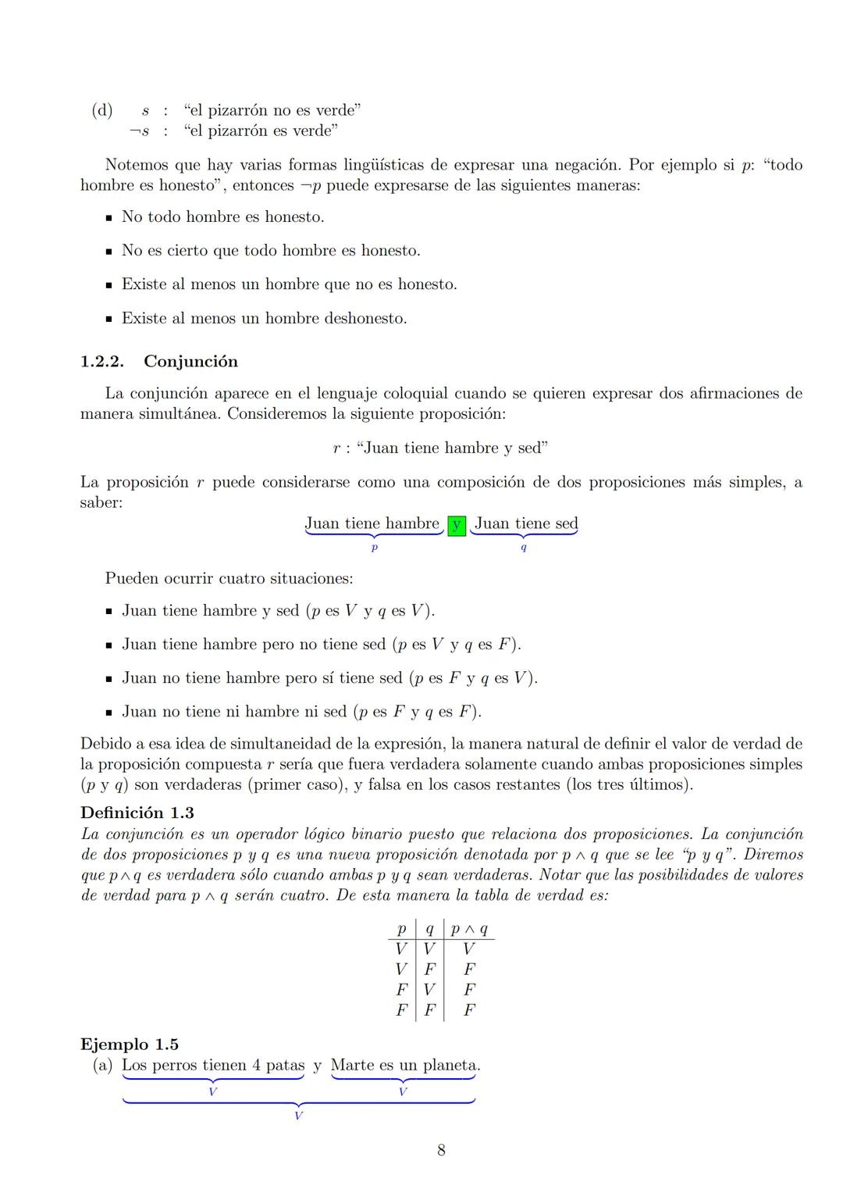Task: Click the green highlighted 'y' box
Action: pyautogui.click(x=457, y=526)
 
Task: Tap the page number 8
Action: pyautogui.click(x=441, y=1149)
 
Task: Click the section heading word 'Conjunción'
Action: pyautogui.click(x=191, y=362)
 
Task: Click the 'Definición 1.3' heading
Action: pyautogui.click(x=137, y=813)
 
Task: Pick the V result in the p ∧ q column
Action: pyautogui.click(x=469, y=949)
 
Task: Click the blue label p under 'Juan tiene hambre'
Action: pyautogui.click(x=375, y=548)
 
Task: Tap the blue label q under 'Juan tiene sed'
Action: pyautogui.click(x=523, y=548)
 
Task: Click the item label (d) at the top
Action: pyautogui.click(x=102, y=110)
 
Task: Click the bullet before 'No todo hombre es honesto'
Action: pyautogui.click(x=109, y=217)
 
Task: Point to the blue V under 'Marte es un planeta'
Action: pyautogui.click(x=402, y=1091)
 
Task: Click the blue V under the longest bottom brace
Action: pyautogui.click(x=298, y=1116)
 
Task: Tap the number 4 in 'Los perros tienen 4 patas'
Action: pyautogui.click(x=257, y=1065)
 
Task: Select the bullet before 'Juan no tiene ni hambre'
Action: pyautogui.click(x=109, y=713)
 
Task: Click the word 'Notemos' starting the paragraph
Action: pyautogui.click(x=136, y=165)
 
